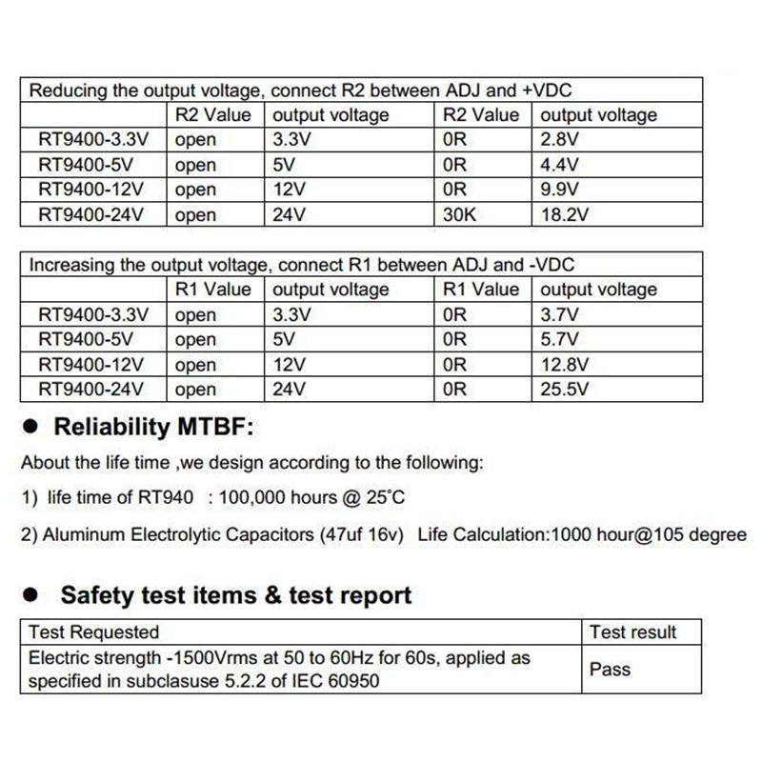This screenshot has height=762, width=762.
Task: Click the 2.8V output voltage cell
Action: pos(557,140)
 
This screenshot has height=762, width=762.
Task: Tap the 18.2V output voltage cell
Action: pos(564,214)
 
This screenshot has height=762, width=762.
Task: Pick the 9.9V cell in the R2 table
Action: pos(559,190)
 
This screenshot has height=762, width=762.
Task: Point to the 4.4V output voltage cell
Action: pos(559,165)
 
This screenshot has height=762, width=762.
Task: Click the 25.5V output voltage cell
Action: pos(565,389)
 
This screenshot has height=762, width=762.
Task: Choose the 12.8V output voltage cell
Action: pos(565,364)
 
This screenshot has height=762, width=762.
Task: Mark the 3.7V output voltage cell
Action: pos(559,314)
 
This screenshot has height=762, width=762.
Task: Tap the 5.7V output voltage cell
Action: pos(559,339)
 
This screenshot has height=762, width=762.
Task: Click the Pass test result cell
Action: pos(610,670)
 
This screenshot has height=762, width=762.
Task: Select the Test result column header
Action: pos(632,632)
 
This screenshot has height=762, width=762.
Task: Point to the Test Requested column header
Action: pos(94,632)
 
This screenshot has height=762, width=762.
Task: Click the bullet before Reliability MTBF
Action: pos(30,428)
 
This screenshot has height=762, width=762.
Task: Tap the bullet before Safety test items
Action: pos(30,596)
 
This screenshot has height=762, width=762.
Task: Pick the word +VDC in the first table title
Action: pos(546,91)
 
